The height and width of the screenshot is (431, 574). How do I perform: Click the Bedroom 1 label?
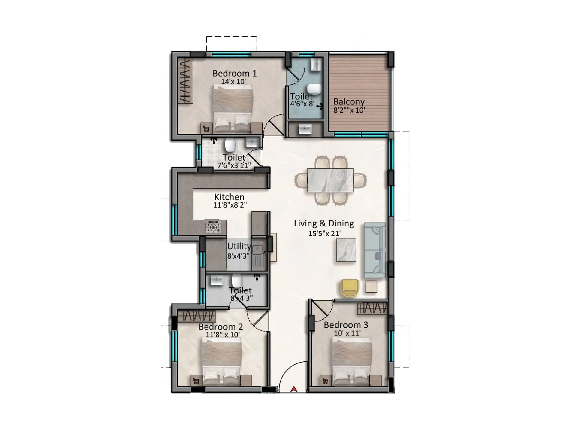(235, 73)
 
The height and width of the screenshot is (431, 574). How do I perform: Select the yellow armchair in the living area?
(349, 288)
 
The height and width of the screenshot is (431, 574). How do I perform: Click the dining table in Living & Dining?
(330, 180)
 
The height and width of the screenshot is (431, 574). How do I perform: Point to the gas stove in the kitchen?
(213, 227)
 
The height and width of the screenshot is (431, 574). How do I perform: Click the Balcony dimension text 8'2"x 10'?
(349, 110)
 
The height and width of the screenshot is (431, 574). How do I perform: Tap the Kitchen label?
(229, 197)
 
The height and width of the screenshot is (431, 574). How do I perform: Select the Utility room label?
(239, 246)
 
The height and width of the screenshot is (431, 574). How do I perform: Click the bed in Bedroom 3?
(352, 363)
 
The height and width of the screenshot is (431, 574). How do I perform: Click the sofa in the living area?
(375, 250)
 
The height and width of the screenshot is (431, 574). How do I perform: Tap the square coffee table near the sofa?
(346, 250)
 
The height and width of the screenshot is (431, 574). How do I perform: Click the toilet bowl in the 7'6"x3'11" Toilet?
(230, 145)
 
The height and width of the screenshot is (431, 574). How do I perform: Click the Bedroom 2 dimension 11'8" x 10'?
(222, 334)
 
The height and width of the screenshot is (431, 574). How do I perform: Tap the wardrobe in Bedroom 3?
(372, 308)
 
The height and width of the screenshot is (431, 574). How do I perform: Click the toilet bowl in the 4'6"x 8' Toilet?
(314, 88)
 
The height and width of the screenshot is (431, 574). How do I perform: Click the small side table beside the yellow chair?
(371, 286)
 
